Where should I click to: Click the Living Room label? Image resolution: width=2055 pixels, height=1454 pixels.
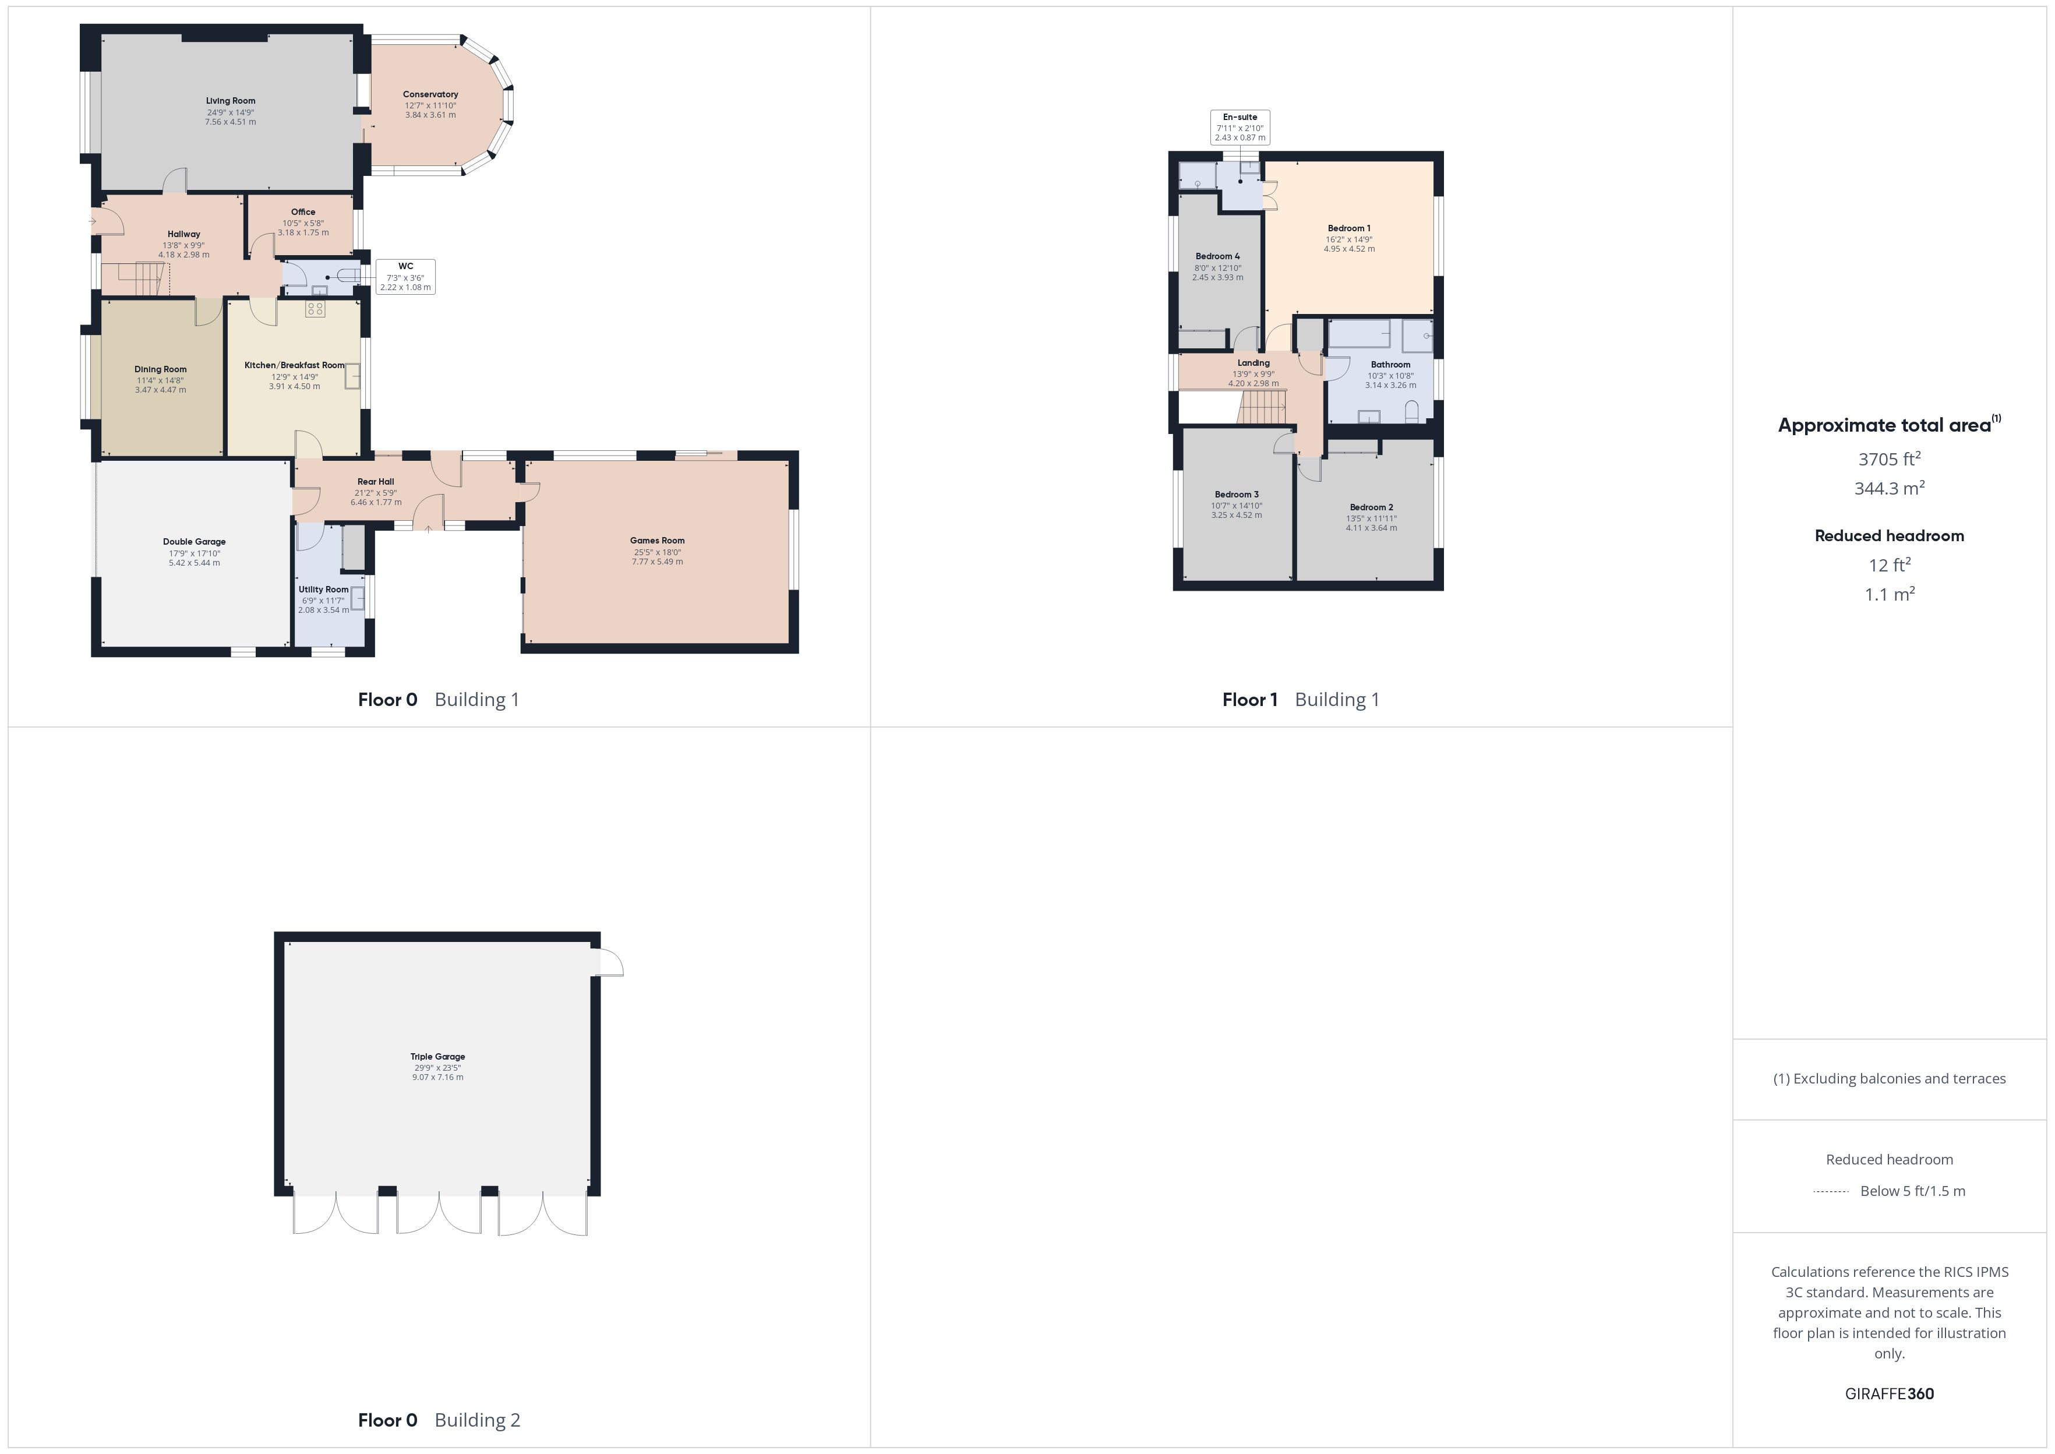(x=231, y=101)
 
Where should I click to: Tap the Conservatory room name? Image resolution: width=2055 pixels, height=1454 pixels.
(x=430, y=94)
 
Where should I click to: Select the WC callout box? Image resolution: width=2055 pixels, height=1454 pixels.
(x=405, y=277)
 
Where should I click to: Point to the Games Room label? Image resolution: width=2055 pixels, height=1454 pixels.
(x=657, y=541)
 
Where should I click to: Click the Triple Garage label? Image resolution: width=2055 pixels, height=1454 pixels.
(x=437, y=1057)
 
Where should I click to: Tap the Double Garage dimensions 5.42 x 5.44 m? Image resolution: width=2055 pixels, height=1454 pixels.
(x=194, y=563)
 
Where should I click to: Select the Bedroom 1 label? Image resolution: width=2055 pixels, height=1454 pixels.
(x=1349, y=228)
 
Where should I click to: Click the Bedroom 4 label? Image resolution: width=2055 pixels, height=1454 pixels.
(x=1217, y=256)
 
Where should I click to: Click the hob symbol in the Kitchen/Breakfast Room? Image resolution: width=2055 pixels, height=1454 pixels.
(x=315, y=309)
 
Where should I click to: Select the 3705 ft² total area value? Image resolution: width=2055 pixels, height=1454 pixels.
(x=1890, y=458)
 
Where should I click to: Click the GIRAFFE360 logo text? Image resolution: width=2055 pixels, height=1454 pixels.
(x=1890, y=1394)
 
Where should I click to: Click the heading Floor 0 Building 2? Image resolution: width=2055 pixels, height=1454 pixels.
(x=439, y=1420)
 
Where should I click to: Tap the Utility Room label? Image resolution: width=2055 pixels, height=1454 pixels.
(x=323, y=589)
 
